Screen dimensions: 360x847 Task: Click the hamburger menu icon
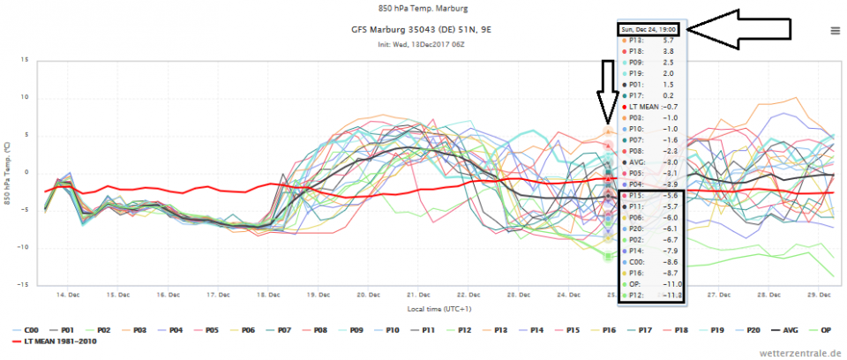835,30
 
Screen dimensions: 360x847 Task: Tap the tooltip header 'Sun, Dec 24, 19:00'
648,29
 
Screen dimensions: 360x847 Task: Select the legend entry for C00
31,329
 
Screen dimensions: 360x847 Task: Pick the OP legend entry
821,329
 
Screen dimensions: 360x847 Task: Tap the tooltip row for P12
648,296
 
